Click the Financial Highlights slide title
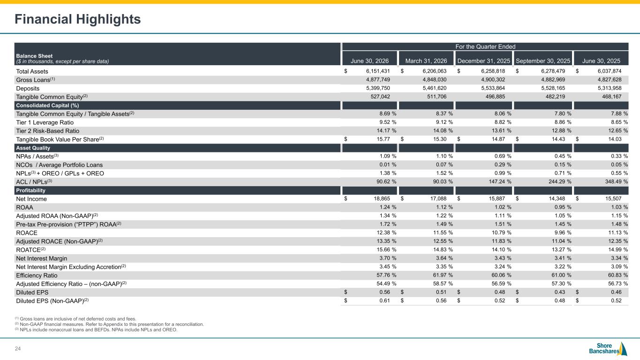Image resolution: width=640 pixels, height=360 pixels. pos(78,19)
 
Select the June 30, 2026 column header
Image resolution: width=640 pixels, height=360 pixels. pos(369,61)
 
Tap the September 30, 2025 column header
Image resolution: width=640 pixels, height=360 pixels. pos(543,61)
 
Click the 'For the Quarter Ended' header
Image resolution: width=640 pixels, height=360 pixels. pos(485,46)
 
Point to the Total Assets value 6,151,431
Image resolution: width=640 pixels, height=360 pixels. pos(378,71)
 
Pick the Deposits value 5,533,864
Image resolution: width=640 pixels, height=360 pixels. pos(493,88)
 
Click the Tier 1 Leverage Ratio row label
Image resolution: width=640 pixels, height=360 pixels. pos(45,122)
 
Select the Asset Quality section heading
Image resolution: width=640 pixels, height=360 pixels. pos(33,148)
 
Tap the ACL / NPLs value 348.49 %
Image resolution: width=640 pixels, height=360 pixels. pos(616,181)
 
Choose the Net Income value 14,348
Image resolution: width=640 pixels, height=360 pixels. pos(557,198)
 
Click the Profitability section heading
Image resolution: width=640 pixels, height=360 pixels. pos(30,190)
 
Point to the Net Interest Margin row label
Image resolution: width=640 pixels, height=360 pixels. pos(41,258)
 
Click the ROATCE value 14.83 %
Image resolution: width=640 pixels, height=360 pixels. pos(443,249)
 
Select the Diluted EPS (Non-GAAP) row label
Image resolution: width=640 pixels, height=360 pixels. pos(53,300)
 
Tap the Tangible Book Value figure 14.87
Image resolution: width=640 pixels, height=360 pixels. pos(498,139)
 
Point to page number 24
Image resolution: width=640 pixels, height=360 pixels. pos(18,349)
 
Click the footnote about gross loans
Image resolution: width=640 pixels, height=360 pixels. pos(75,319)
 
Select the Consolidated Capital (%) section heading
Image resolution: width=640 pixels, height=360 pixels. pos(47,105)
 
